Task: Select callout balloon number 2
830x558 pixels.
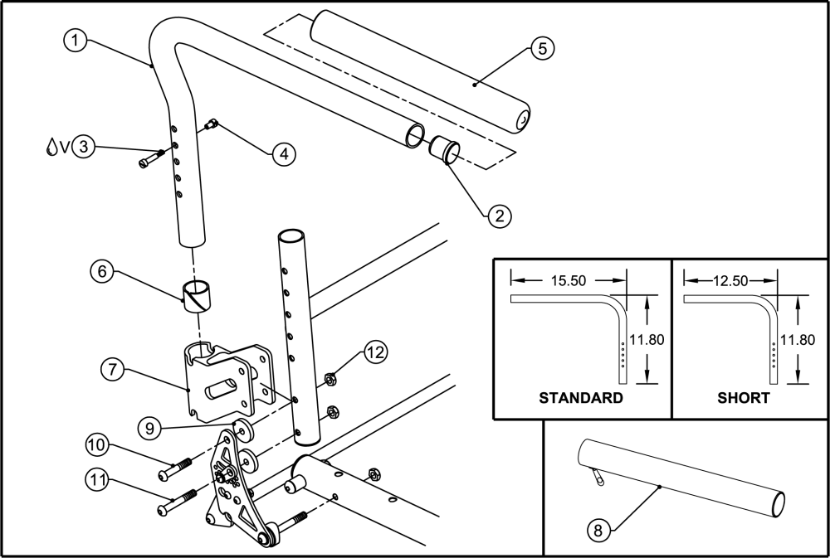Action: pyautogui.click(x=499, y=216)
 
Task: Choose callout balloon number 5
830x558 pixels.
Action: pyautogui.click(x=541, y=48)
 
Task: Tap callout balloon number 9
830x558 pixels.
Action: pyautogui.click(x=151, y=429)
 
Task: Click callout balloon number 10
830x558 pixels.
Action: pyautogui.click(x=98, y=446)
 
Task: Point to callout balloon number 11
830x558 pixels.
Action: pyautogui.click(x=98, y=478)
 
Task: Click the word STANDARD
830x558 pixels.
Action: pyautogui.click(x=581, y=398)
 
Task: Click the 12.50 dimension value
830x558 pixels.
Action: pyautogui.click(x=727, y=280)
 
